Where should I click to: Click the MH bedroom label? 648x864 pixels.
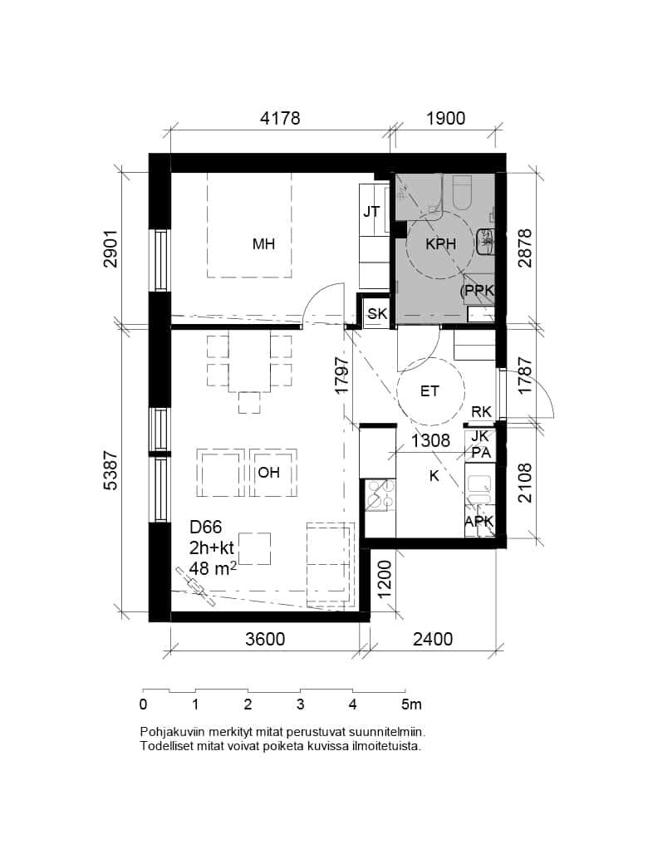coord(263,244)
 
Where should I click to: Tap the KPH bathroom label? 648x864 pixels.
coord(441,244)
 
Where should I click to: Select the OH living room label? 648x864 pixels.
coord(269,473)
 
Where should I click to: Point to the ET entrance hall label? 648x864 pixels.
coord(430,391)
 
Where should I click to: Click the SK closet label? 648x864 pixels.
coord(377,314)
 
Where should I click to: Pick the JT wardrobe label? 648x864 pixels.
coord(371,212)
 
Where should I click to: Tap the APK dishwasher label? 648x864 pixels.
coord(479,521)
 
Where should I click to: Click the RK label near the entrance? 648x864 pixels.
coord(481,411)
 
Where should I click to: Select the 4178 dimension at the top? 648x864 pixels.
coord(281,119)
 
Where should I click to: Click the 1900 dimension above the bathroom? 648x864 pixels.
coord(446,119)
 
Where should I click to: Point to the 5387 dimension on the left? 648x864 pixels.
coord(110,470)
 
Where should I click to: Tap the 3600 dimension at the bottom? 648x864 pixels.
coord(266,639)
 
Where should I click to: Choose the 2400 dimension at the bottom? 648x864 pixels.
coord(433,639)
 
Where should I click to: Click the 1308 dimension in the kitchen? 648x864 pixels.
coord(431,441)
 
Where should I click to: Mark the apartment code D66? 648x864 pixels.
coord(205,528)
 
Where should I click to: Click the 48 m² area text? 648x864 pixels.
coord(213,568)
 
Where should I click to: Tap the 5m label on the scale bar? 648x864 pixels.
coord(411,704)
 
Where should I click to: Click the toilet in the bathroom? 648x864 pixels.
coord(462,192)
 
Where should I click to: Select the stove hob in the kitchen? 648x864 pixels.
coord(379,495)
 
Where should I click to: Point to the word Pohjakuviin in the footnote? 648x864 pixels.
coord(168,733)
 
